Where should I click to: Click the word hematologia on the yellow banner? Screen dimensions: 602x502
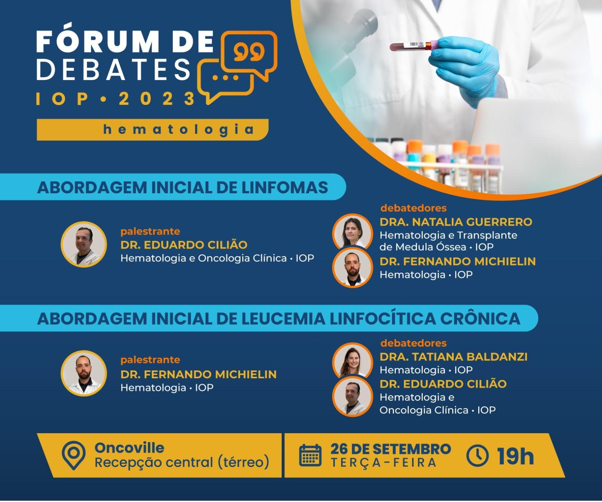point(178,129)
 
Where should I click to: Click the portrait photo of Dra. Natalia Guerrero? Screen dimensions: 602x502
point(352,232)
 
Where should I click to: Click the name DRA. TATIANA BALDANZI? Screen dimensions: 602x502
point(453,356)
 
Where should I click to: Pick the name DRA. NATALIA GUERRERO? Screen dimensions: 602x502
point(456,222)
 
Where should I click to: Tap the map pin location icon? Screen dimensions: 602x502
point(74,455)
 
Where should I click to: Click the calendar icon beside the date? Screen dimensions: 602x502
point(310,455)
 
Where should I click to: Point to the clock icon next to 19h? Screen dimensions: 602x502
point(477,455)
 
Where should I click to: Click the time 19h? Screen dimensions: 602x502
point(515,456)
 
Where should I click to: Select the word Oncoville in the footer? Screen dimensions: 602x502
point(129,447)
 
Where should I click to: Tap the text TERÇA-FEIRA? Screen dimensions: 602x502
point(384,463)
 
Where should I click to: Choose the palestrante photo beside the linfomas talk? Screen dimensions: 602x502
point(84,244)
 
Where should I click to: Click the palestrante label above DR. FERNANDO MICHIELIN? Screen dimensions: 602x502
point(150,360)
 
